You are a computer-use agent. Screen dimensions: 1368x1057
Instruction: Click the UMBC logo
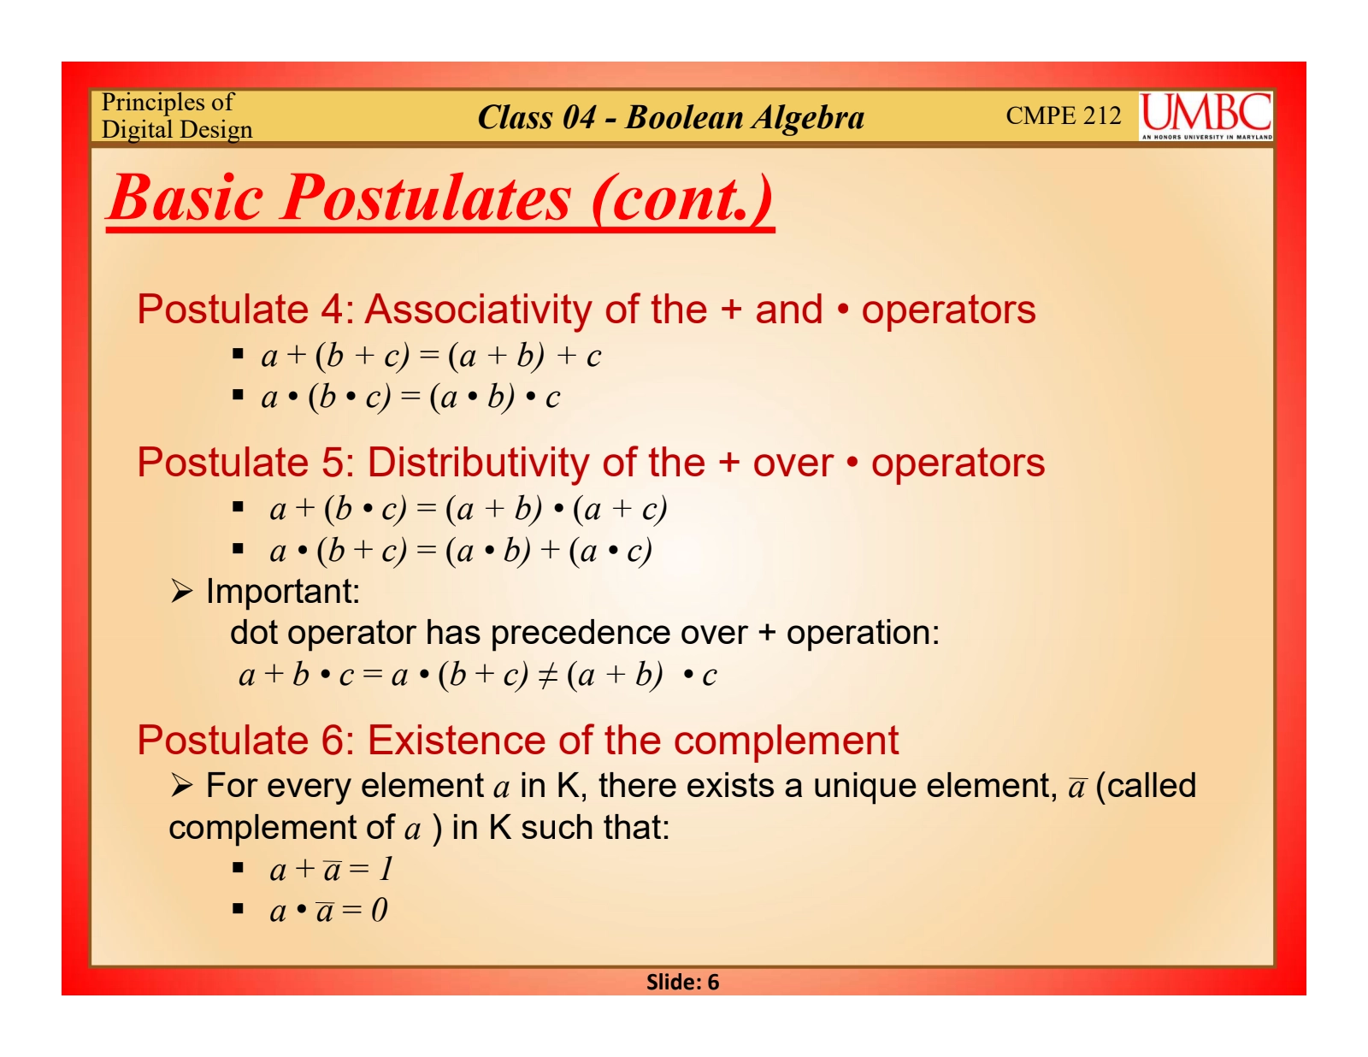(1205, 116)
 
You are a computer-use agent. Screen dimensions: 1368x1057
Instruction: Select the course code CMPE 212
(1063, 115)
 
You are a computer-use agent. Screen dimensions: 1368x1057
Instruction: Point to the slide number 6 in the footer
(712, 982)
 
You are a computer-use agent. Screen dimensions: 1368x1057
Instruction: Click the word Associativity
(478, 310)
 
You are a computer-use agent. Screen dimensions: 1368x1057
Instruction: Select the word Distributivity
(478, 463)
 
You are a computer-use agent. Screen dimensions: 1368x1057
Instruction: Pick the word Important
(283, 591)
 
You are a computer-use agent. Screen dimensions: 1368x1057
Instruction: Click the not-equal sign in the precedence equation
(547, 676)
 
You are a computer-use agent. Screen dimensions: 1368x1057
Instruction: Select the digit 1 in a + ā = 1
(386, 869)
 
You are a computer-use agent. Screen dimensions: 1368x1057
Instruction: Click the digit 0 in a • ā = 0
(379, 910)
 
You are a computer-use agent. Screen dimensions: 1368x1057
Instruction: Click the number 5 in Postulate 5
(333, 463)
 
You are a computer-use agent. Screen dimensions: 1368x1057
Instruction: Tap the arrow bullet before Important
(181, 591)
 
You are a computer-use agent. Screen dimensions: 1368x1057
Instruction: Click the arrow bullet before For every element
(181, 786)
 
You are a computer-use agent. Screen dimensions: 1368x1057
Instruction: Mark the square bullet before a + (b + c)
(238, 354)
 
